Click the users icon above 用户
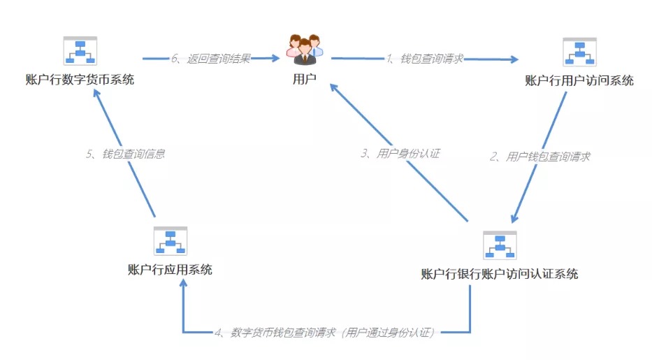(x=305, y=49)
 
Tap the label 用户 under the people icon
(x=305, y=79)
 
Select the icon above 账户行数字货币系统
(x=80, y=51)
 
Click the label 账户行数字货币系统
(x=80, y=80)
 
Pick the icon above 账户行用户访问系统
(x=579, y=52)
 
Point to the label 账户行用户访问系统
(x=579, y=80)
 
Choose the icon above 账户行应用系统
(x=171, y=241)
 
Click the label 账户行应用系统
(x=170, y=270)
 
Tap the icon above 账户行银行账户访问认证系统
(x=500, y=245)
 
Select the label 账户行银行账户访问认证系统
(x=500, y=274)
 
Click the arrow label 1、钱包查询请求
(x=425, y=59)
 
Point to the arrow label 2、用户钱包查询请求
(x=540, y=157)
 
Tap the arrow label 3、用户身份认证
(x=400, y=154)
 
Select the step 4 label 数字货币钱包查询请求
(x=283, y=333)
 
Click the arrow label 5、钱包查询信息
(x=126, y=154)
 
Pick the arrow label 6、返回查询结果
(x=211, y=59)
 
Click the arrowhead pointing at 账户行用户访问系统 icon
(x=514, y=59)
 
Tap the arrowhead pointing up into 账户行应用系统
(x=183, y=283)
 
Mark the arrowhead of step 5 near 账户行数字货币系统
(x=96, y=93)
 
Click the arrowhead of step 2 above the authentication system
(x=515, y=218)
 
